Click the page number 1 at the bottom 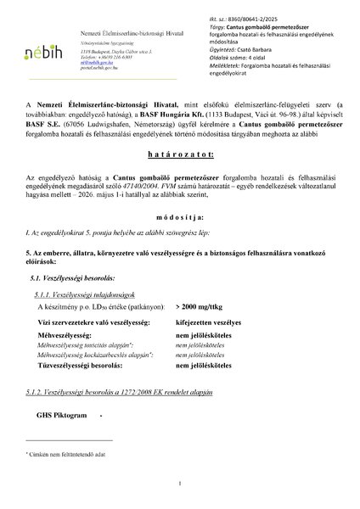tap(181, 484)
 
